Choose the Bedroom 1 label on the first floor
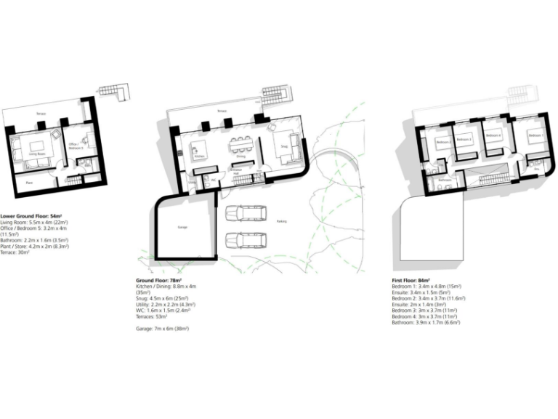(x=535, y=135)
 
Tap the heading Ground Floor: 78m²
(x=158, y=280)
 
